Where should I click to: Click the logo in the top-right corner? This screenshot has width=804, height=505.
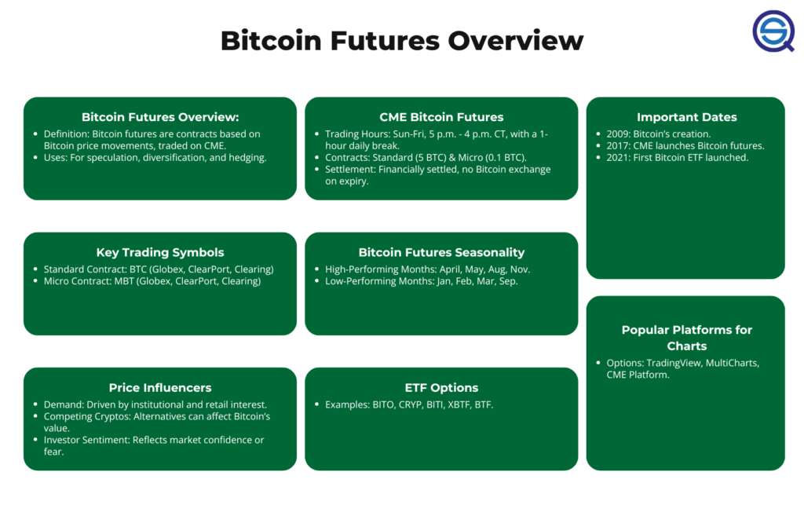tap(773, 31)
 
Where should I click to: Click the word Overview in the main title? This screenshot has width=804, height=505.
tap(516, 41)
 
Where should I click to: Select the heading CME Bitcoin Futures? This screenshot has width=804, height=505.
tap(441, 117)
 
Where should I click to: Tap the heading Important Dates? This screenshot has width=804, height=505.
tap(686, 117)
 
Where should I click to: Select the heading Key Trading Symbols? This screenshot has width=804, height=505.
tap(160, 252)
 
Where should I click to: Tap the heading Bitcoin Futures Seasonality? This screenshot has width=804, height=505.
tap(441, 252)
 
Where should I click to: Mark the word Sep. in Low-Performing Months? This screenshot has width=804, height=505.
tap(509, 281)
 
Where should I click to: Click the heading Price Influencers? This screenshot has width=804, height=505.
tap(160, 388)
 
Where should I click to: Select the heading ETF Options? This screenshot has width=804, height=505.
tap(441, 388)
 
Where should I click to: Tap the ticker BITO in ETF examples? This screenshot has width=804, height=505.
tap(383, 404)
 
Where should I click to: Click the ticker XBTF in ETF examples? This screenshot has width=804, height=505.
tap(459, 404)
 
